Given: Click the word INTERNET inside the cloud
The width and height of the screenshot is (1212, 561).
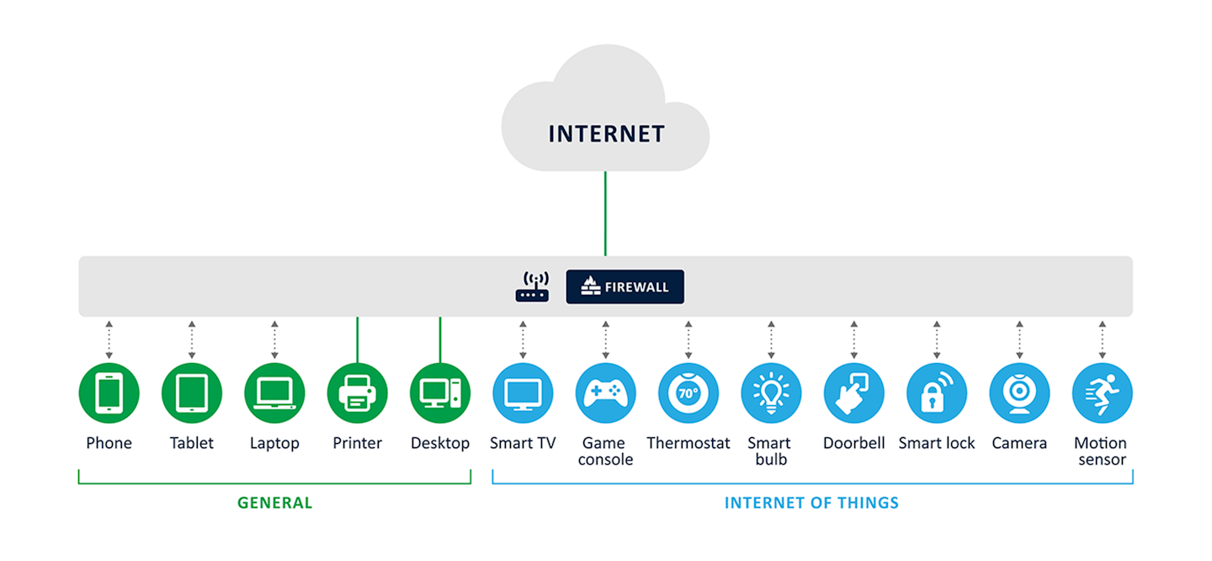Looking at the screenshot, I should (606, 134).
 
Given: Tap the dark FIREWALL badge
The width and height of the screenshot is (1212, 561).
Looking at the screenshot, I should (625, 286).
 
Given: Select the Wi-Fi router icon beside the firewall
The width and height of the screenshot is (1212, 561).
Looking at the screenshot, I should (532, 286).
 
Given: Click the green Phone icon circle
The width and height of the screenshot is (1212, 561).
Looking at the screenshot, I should (109, 393).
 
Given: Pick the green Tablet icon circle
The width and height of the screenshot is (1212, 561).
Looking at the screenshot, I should (191, 393).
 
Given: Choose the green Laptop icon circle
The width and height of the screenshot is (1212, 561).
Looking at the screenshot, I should (274, 393).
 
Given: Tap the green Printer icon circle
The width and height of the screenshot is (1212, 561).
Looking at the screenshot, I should (357, 393).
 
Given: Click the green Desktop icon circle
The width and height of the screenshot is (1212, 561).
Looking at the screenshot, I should (439, 393).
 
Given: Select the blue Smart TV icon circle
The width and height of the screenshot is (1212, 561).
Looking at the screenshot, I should (523, 393).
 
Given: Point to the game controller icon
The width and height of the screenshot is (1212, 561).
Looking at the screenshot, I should (605, 393).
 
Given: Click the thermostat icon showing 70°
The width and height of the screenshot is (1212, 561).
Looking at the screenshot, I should (688, 393).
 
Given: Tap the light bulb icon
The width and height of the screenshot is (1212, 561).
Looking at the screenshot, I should (771, 393).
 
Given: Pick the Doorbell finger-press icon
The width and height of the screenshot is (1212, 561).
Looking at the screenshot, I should (853, 393).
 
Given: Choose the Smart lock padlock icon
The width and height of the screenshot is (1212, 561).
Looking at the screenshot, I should (936, 393).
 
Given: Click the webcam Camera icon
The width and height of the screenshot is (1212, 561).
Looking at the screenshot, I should (1019, 393).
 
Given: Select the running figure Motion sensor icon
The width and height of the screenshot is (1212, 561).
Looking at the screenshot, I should (1102, 393).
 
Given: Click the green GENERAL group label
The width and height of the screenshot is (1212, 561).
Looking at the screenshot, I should (274, 503).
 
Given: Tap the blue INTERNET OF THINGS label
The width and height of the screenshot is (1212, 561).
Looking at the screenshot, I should (811, 503).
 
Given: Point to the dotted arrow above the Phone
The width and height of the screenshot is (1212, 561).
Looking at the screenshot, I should (109, 339).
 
